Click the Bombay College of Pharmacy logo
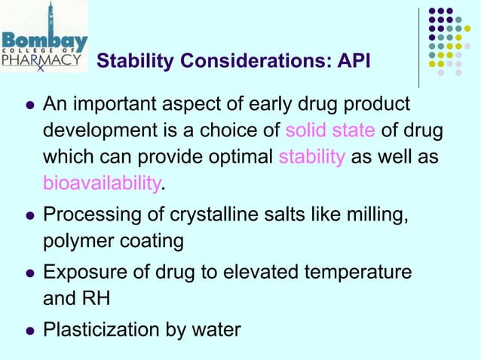(45, 38)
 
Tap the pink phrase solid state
(330, 131)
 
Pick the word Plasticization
(97, 331)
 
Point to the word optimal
(239, 158)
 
